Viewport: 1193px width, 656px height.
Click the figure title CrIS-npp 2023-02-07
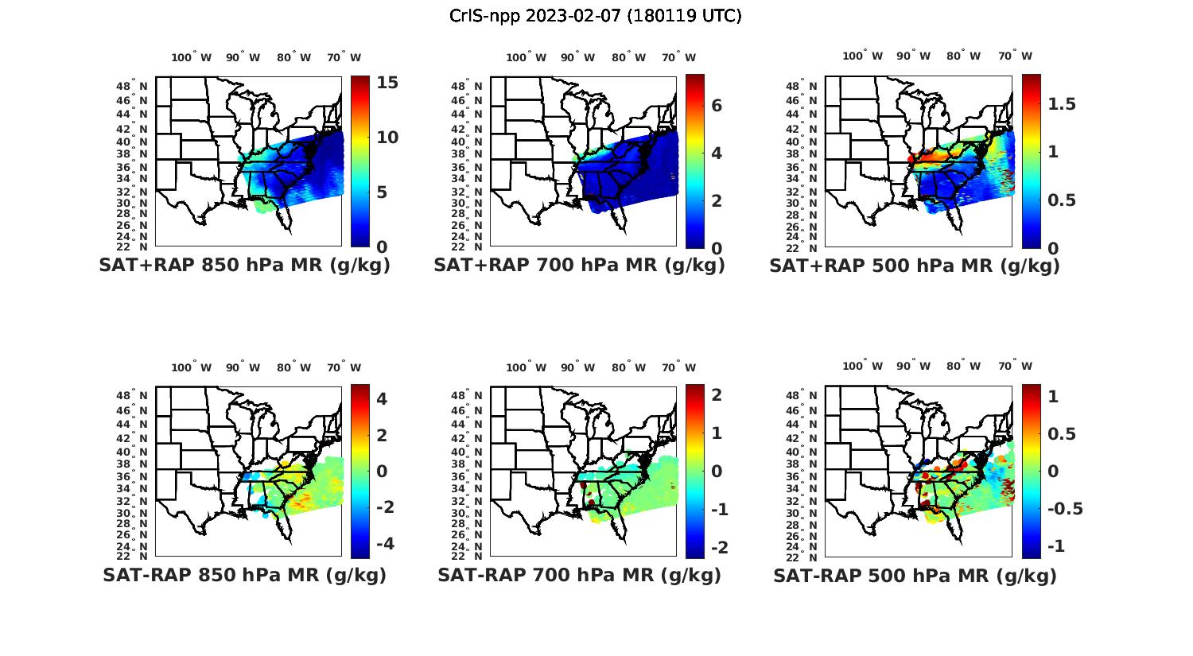coord(595,16)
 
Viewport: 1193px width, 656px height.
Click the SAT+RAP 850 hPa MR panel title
coord(244,266)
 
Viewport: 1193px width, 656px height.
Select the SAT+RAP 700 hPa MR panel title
coord(579,266)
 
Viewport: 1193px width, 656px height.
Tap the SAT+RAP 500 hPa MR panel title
coord(915,266)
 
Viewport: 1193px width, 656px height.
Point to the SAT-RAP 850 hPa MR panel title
coord(244,575)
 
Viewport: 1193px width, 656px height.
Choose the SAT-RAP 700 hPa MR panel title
coord(579,575)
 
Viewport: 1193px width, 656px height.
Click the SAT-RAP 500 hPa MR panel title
coord(915,576)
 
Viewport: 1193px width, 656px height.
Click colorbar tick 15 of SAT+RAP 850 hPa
coord(387,83)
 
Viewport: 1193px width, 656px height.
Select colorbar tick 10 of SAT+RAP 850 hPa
coord(387,138)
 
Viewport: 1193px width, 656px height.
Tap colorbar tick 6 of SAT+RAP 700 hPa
coord(717,106)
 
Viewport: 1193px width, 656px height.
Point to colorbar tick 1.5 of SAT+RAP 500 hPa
coord(1061,104)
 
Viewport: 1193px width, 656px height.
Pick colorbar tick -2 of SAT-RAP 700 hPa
coord(718,547)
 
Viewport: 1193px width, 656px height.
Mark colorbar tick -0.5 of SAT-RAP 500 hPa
coord(1064,509)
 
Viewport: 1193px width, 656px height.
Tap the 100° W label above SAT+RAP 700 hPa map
coord(526,57)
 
